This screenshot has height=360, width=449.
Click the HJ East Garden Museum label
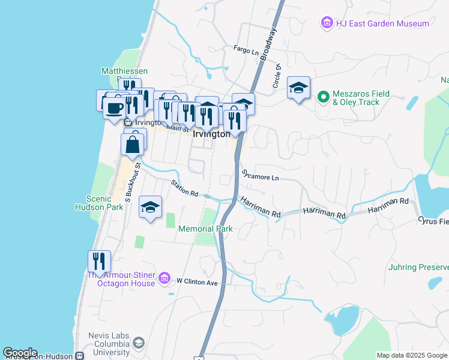click(382, 23)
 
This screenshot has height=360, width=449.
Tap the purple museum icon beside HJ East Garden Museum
click(327, 23)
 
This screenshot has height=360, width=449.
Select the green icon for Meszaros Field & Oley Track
click(323, 96)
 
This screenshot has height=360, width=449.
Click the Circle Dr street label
click(277, 77)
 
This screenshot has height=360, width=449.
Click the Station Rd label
click(184, 188)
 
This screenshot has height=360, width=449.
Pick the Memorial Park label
click(205, 229)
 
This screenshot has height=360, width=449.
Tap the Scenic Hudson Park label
click(105, 203)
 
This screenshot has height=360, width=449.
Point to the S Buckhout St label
click(132, 180)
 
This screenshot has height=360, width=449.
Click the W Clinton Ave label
click(196, 281)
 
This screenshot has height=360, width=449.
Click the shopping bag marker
click(133, 144)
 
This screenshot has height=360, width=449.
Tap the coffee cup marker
click(114, 108)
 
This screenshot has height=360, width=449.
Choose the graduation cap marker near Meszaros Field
click(298, 88)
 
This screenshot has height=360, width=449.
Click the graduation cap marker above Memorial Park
click(150, 207)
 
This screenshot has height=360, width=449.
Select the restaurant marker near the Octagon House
click(99, 261)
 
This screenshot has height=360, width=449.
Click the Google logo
click(20, 353)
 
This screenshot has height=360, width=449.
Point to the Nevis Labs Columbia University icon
click(139, 343)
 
